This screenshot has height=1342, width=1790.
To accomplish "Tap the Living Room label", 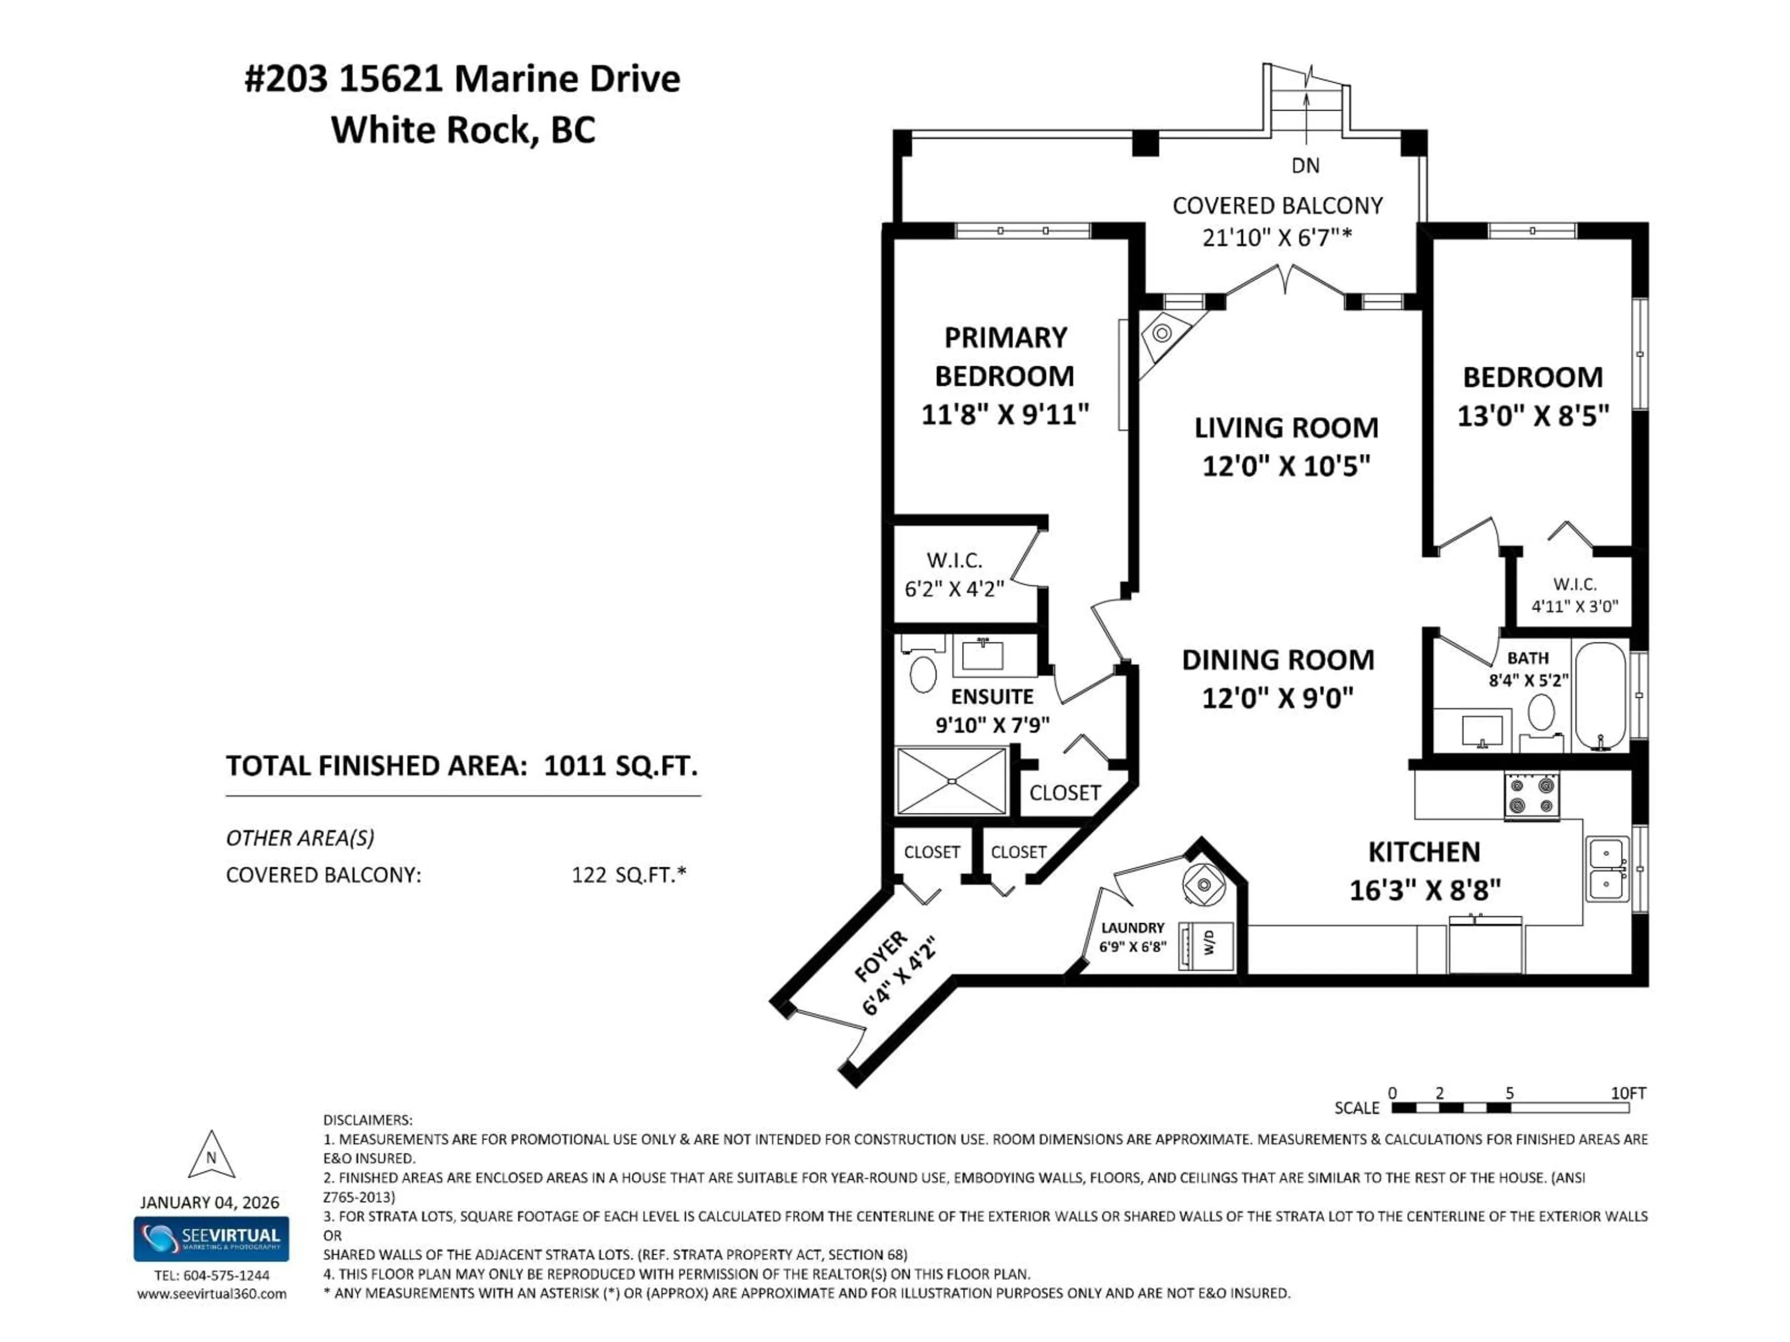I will (1286, 428).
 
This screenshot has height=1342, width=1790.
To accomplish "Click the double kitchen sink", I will (1606, 870).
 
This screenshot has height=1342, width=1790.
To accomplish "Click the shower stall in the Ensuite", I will (952, 781).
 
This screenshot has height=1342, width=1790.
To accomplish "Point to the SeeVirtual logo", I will (211, 1239).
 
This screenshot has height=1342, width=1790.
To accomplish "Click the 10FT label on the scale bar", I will (1628, 1093).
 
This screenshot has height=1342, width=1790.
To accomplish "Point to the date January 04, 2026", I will (210, 1202).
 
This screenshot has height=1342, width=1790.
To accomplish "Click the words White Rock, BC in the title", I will (463, 130).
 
